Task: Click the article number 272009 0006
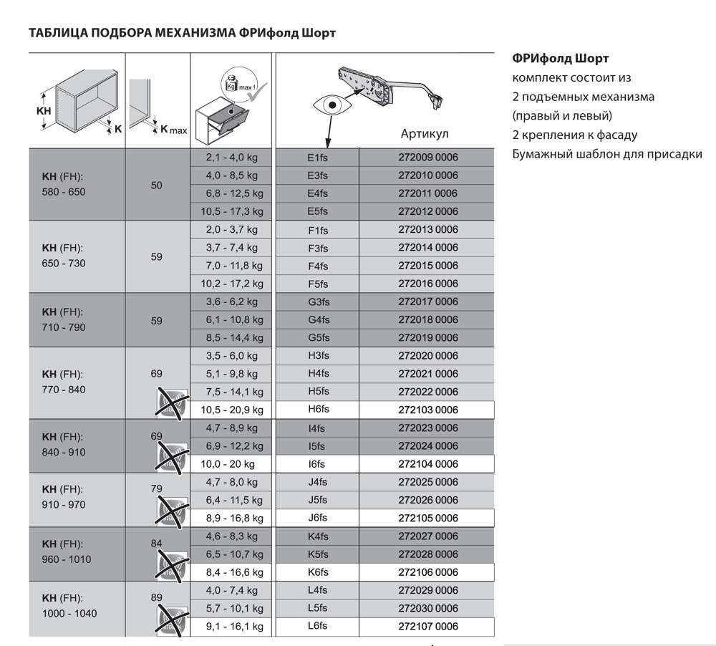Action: click(427, 158)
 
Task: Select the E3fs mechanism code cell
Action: click(316, 175)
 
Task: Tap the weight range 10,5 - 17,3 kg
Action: click(229, 211)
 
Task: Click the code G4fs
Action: click(316, 319)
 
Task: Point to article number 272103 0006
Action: click(427, 410)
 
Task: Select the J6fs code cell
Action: click(316, 518)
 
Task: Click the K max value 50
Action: click(158, 185)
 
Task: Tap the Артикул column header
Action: click(425, 134)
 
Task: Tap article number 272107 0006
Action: click(427, 626)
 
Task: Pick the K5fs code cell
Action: click(316, 554)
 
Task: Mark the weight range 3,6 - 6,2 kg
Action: click(229, 302)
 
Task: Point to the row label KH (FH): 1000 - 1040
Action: click(69, 606)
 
